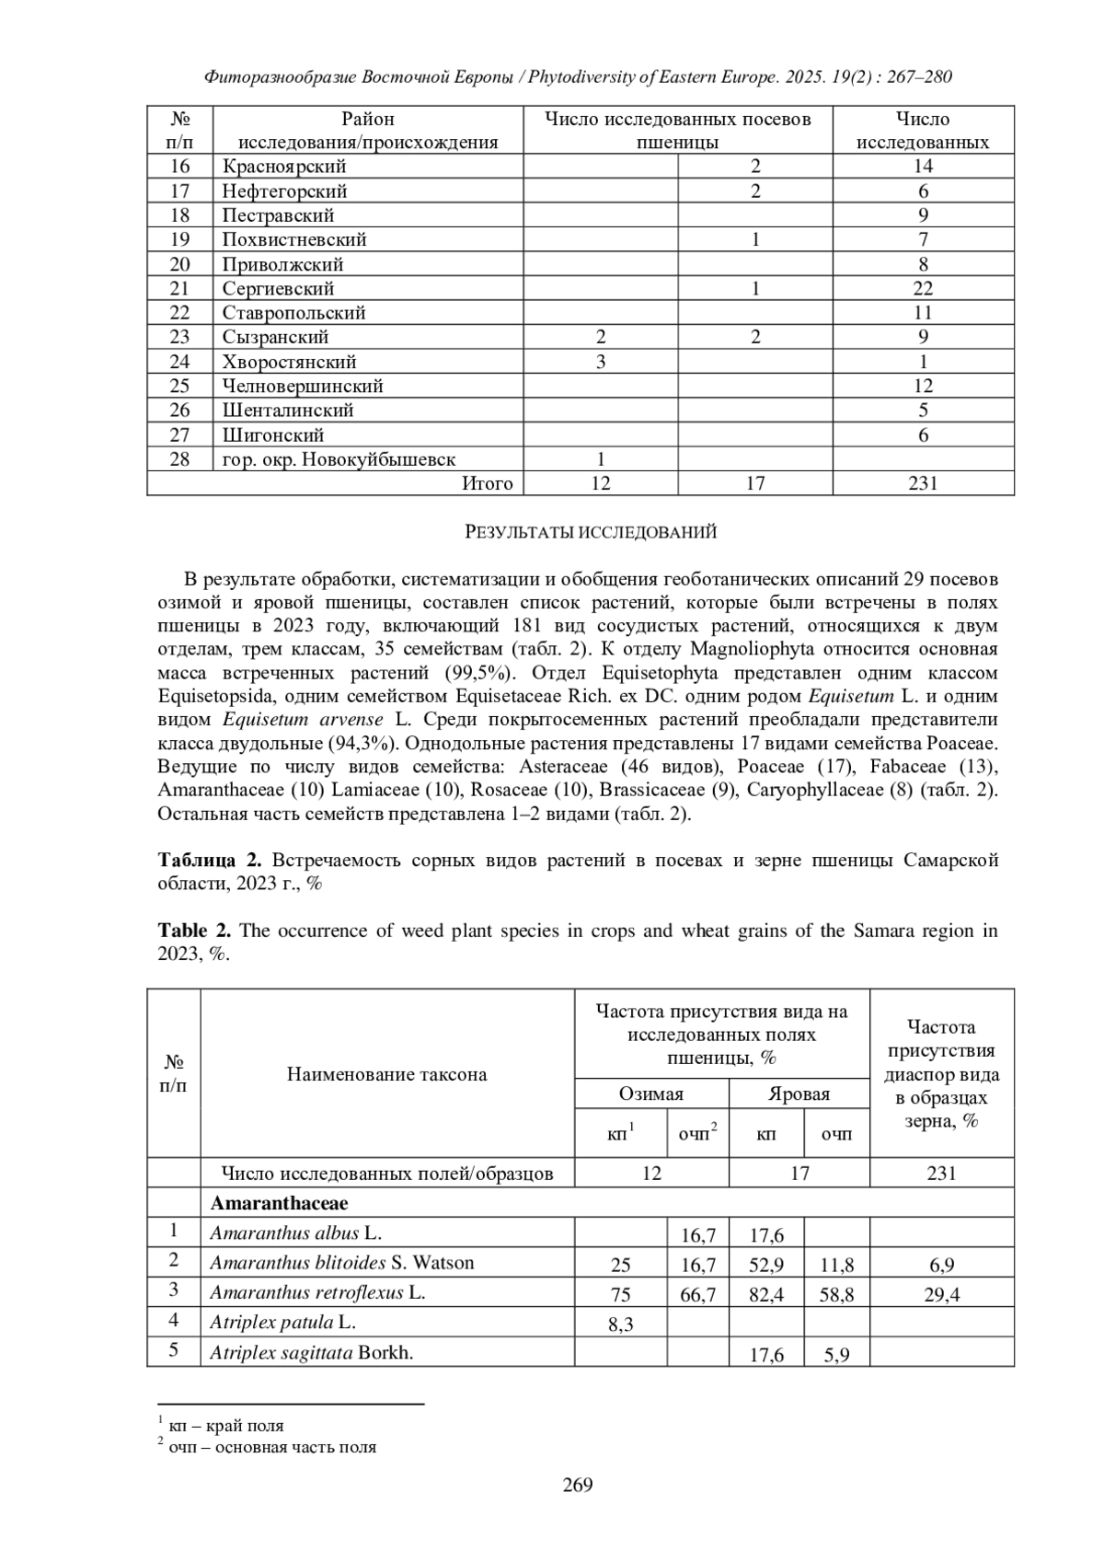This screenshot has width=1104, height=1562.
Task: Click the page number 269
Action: point(578,1485)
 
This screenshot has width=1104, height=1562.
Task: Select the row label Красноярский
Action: point(284,167)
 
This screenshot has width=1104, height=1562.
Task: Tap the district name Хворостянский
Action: point(289,362)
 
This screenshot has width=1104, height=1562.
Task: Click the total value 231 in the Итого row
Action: point(923,483)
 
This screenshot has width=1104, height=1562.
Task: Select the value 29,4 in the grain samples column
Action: point(941,1294)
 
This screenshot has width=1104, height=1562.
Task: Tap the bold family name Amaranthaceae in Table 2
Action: point(279,1203)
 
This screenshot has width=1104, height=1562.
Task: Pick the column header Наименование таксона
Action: point(386,1074)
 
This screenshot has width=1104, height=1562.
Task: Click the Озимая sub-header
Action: point(651,1093)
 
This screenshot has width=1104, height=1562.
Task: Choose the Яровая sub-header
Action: point(799,1093)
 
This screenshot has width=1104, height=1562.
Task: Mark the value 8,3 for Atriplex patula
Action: point(620,1325)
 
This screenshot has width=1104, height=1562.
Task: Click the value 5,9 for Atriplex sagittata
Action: point(836,1355)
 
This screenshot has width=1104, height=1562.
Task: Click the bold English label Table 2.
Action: point(196,931)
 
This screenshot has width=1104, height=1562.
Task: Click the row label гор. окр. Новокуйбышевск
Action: point(339,459)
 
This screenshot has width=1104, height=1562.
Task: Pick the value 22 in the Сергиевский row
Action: point(923,288)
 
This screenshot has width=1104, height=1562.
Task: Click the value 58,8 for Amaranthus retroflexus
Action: point(836,1294)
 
